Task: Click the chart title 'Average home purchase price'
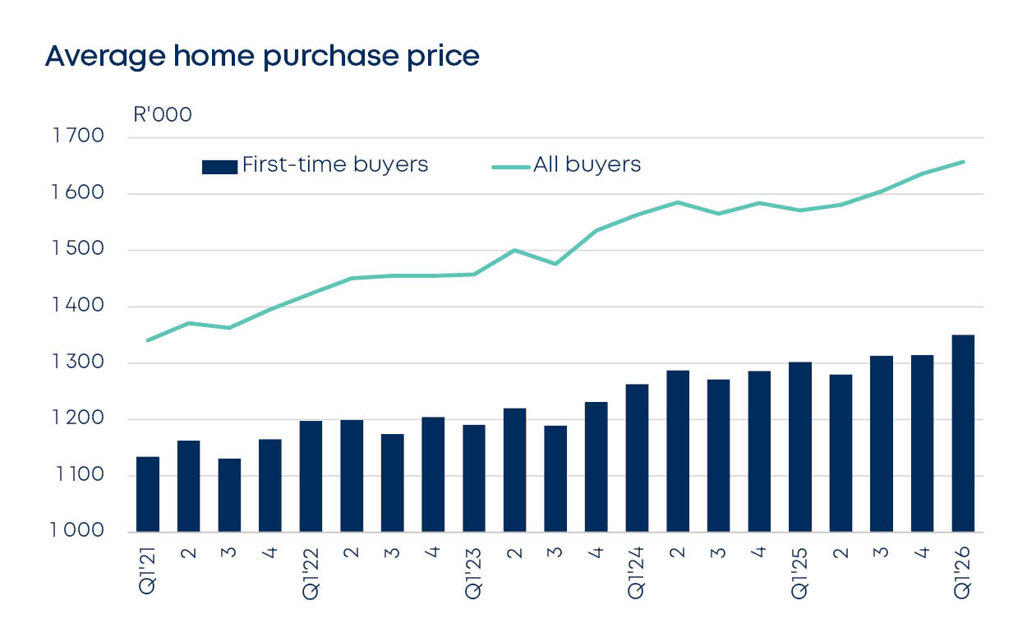pos(261,56)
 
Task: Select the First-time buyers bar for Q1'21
pos(148,494)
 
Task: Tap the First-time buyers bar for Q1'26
pos(963,433)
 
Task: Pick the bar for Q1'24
pos(637,458)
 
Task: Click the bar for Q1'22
pos(311,476)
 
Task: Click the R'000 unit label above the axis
pos(162,114)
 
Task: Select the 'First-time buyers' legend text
pos(335,164)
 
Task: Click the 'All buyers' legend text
pos(587,164)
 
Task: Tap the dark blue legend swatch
pos(219,167)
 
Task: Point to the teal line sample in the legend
pos(510,167)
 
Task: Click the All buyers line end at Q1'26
pos(963,162)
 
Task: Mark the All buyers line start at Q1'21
pos(148,339)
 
